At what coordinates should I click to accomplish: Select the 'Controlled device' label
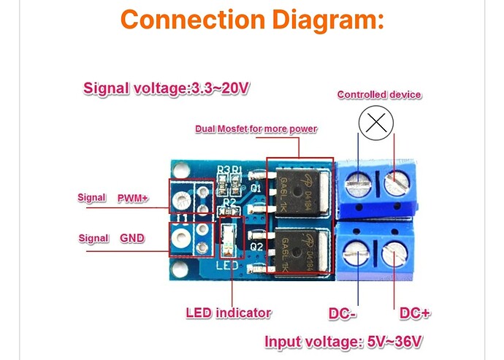click(379, 95)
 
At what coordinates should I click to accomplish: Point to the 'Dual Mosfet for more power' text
click(256, 129)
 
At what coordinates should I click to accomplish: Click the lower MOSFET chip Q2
click(299, 249)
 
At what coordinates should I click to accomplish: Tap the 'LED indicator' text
click(229, 313)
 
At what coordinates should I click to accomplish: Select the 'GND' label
click(132, 238)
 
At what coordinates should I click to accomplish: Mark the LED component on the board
click(228, 235)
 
